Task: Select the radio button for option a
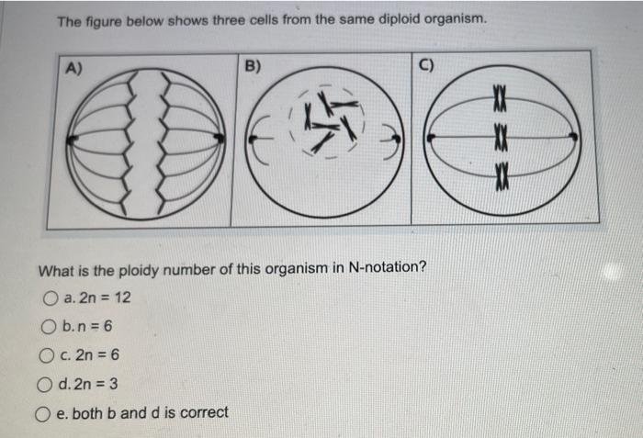point(50,298)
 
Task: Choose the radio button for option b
point(49,327)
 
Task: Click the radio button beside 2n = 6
point(46,355)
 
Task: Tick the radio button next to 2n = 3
point(44,385)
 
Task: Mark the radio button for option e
point(42,414)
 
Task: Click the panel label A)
point(73,68)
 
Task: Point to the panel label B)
point(253,66)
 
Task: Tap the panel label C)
point(426,65)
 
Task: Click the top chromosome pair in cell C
point(500,99)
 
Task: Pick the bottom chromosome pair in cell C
point(502,176)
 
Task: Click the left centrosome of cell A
point(72,140)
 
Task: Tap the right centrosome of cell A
point(220,138)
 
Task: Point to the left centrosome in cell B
point(253,139)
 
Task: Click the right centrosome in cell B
point(396,139)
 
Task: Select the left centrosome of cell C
point(431,138)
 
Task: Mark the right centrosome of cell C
point(574,137)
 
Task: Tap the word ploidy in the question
point(139,271)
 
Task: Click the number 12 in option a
point(122,297)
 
